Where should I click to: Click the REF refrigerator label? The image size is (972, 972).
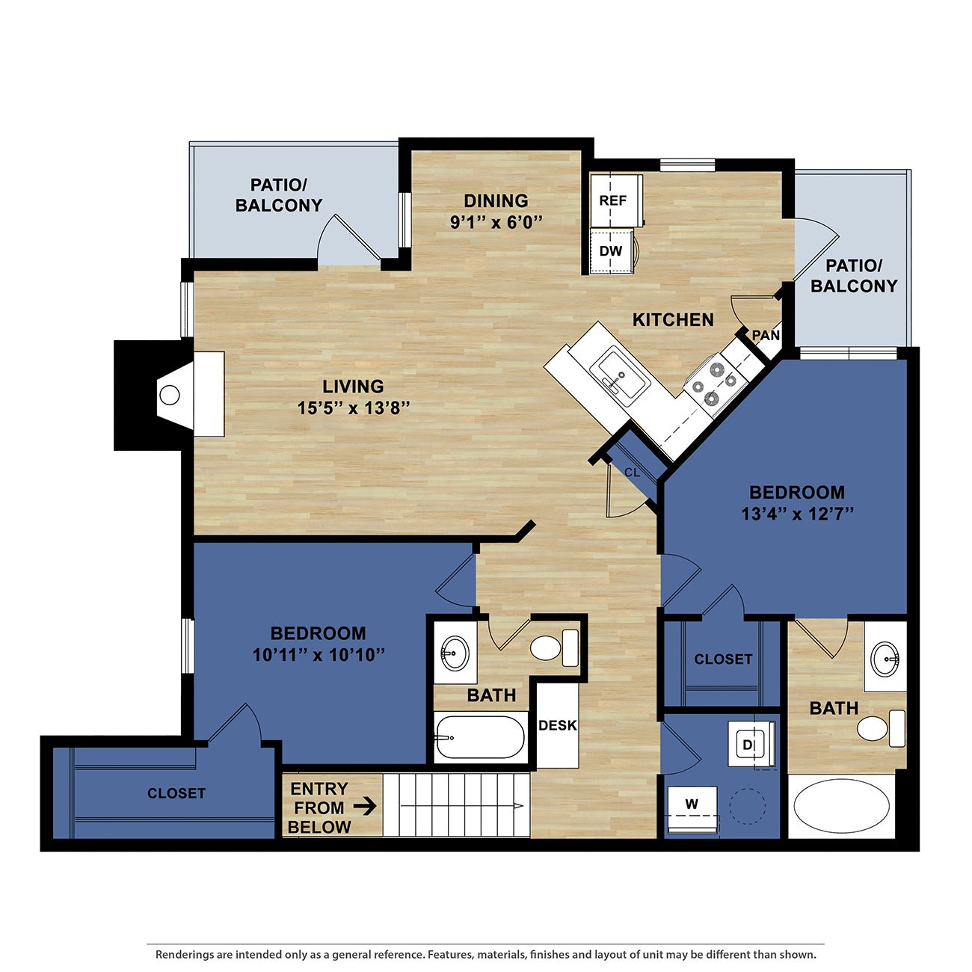[612, 201]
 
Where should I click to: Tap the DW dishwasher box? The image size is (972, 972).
[611, 251]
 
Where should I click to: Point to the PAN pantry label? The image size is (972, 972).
[766, 336]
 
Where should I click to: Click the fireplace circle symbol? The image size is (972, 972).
[170, 396]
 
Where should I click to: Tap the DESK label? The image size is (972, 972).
[557, 725]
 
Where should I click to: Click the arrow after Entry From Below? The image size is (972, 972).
[364, 807]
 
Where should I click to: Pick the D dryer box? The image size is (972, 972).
[749, 745]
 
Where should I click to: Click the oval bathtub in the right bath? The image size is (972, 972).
[841, 809]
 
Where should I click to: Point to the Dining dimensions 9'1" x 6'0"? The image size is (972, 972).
[495, 222]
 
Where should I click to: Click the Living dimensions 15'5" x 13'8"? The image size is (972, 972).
[353, 407]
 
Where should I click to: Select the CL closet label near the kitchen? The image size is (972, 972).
[632, 473]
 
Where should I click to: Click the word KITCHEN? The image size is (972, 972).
[673, 320]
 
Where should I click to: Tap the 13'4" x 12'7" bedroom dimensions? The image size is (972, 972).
[797, 514]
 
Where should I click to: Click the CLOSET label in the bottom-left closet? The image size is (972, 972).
[176, 793]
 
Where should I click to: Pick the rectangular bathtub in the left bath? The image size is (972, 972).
[480, 737]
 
